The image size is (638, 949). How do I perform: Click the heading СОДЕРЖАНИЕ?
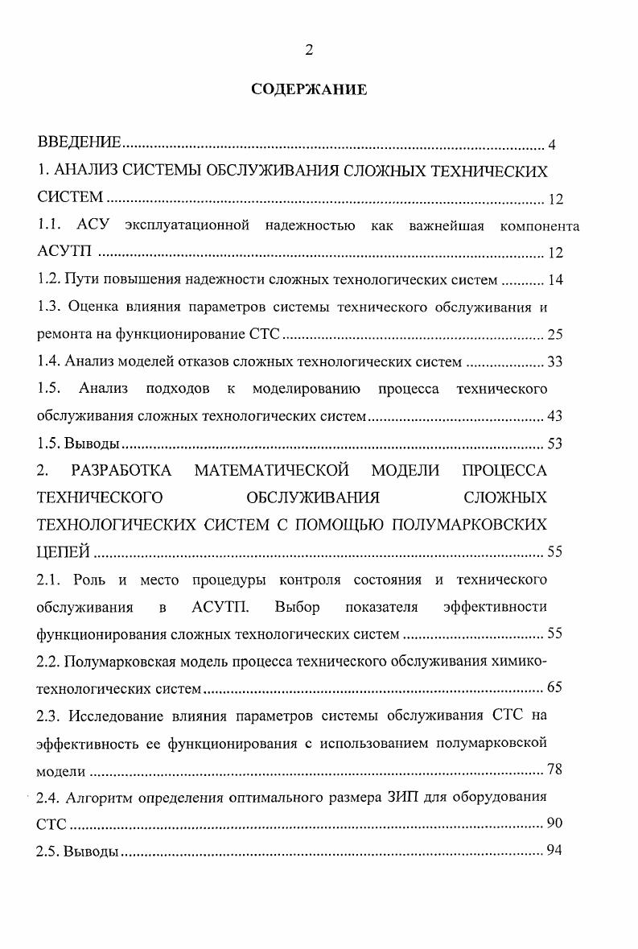(x=309, y=89)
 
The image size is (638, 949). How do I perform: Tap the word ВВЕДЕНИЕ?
(x=80, y=143)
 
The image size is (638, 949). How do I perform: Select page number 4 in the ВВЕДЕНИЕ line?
(x=552, y=145)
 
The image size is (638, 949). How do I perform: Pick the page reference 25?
(x=554, y=335)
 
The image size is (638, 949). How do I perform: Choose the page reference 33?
(x=554, y=362)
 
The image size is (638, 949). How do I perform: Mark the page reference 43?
(x=554, y=417)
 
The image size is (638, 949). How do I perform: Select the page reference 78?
(x=554, y=770)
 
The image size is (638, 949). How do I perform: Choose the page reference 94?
(x=554, y=852)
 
